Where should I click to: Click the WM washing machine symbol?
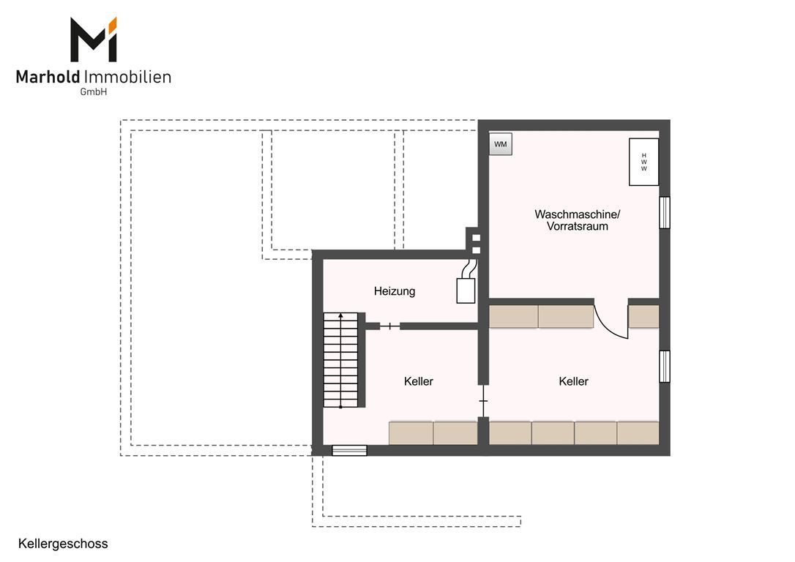[501, 144]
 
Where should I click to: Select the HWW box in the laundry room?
[644, 162]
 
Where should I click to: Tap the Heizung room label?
[395, 291]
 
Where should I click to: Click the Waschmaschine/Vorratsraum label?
[578, 220]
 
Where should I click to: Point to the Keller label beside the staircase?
[419, 381]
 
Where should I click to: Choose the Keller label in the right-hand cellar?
[573, 381]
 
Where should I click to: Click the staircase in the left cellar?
[340, 360]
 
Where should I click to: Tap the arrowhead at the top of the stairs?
[340, 315]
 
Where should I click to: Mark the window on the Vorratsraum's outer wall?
[664, 213]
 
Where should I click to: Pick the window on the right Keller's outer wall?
[664, 367]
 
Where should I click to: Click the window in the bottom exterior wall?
[349, 451]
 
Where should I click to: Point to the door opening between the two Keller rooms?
[483, 401]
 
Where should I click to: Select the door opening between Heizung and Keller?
[389, 326]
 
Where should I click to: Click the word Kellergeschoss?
[63, 544]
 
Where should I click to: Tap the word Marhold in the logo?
[48, 77]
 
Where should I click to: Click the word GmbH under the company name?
[93, 92]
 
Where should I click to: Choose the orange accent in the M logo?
[113, 24]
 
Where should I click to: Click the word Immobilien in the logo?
[127, 77]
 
